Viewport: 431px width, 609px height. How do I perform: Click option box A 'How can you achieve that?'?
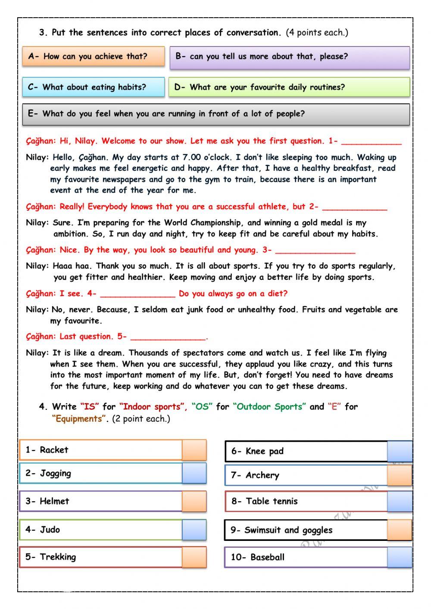(94, 56)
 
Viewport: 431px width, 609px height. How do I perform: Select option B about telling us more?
(289, 57)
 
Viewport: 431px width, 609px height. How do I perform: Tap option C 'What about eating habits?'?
(94, 87)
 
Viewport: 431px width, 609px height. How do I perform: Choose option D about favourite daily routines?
(289, 87)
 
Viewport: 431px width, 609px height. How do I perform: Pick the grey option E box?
(215, 114)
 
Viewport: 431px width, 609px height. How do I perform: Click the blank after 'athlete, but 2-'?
(354, 207)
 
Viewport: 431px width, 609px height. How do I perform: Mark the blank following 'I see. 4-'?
(137, 294)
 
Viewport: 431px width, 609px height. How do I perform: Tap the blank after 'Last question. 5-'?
(168, 337)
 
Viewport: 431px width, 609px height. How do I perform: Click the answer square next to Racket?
(194, 450)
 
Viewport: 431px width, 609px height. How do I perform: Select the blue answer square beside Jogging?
(194, 473)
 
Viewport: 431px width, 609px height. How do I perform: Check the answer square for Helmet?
(194, 501)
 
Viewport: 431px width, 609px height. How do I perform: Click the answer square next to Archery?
(400, 476)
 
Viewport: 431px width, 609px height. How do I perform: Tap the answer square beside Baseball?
(400, 557)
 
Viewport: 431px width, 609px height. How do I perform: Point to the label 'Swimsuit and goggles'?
(288, 531)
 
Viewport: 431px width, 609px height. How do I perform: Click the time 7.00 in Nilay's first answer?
(192, 158)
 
